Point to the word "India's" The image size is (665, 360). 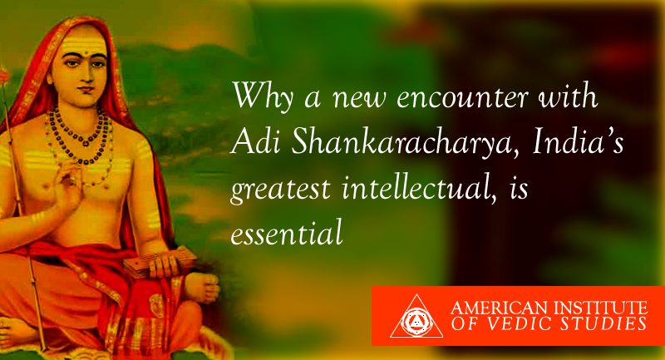[579, 141]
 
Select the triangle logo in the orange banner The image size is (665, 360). [416, 316]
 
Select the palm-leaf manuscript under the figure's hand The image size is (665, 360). [159, 262]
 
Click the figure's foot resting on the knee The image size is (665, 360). [202, 288]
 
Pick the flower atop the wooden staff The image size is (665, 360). [4, 76]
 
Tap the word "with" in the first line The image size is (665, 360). [569, 96]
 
